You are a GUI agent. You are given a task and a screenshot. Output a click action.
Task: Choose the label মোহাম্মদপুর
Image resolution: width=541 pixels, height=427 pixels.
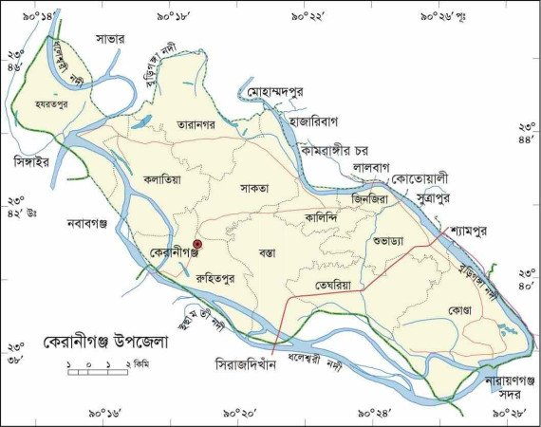(285, 96)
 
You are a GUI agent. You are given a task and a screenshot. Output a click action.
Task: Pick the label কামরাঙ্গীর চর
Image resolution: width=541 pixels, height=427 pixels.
(341, 150)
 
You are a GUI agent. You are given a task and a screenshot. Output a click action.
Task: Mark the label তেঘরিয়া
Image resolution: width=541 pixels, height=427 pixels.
(339, 282)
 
